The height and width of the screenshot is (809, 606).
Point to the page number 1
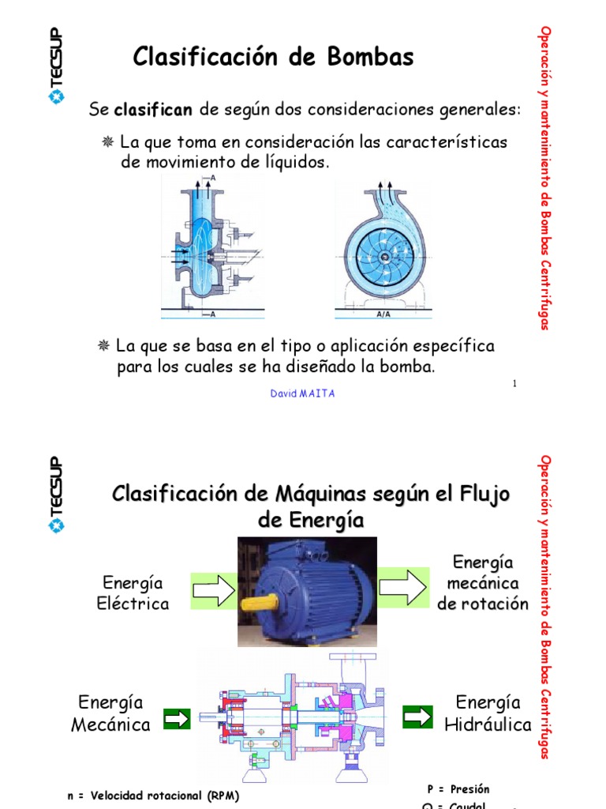click(x=514, y=383)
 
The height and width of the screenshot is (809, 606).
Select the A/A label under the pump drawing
click(x=383, y=314)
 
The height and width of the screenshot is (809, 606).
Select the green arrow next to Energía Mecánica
click(x=178, y=718)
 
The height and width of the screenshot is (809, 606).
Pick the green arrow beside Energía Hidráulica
click(x=417, y=717)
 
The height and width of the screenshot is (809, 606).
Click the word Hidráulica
click(x=488, y=724)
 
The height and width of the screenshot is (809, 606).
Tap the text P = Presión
click(x=458, y=789)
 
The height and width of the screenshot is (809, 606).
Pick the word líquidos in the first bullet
click(x=291, y=162)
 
